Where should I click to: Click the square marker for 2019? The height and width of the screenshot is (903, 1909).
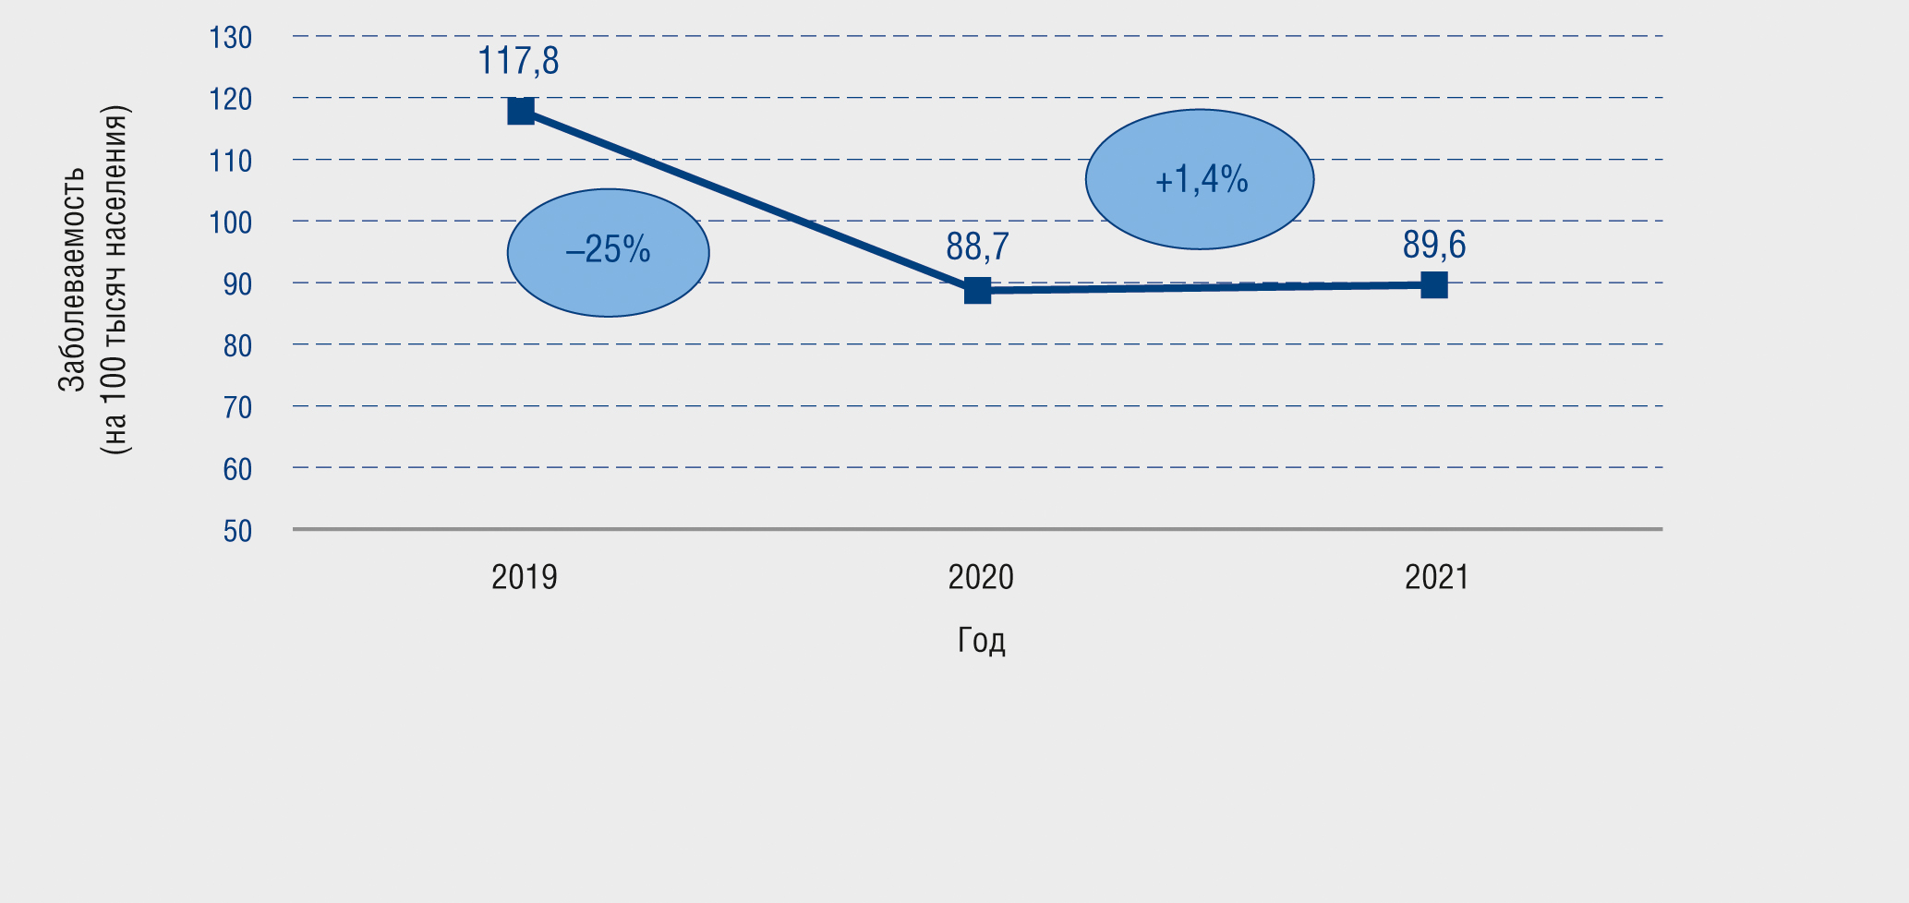point(521,112)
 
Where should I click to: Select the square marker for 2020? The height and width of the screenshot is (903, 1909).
point(977,291)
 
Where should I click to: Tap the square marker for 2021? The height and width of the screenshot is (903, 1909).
point(1433,285)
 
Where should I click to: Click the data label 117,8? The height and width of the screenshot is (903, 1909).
point(518,62)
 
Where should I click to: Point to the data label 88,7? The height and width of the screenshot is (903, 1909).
point(977,247)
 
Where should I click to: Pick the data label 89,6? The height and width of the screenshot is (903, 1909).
point(1433,246)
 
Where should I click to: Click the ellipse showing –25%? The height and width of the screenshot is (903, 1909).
point(609,252)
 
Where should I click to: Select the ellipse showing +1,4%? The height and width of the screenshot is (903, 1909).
point(1200,179)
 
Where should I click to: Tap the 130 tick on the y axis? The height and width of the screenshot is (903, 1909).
point(231,38)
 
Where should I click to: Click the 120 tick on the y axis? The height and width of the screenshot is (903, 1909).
point(231,100)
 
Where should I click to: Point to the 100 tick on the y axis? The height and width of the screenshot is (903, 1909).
point(231,223)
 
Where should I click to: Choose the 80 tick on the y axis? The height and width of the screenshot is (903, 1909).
point(237,346)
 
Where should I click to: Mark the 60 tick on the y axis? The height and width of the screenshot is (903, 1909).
point(237,470)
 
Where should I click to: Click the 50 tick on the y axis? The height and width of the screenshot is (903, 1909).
point(237,531)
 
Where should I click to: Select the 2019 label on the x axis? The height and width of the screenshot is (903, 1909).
point(524,578)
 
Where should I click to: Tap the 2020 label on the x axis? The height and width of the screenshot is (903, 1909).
point(981,578)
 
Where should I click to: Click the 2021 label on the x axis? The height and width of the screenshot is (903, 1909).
point(1436,578)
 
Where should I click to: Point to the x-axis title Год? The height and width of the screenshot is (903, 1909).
point(981,640)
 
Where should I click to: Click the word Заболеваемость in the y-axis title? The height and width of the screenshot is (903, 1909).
point(72,279)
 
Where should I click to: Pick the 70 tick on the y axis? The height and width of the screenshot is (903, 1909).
point(237,408)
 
